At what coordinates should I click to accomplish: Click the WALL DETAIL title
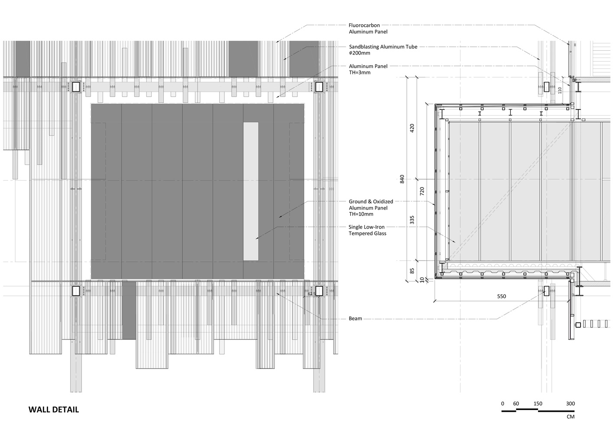(54, 410)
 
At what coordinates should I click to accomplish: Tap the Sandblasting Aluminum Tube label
(383, 50)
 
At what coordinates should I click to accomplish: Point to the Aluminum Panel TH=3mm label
(368, 69)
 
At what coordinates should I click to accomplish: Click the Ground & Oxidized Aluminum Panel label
(371, 208)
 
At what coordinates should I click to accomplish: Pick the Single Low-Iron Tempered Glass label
(367, 230)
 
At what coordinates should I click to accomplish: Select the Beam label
(355, 319)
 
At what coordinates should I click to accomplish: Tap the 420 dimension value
(412, 128)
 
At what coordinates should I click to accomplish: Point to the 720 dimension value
(422, 191)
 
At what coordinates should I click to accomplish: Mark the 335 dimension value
(412, 220)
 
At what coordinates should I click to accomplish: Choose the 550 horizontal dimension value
(501, 297)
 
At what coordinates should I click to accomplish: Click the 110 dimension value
(559, 90)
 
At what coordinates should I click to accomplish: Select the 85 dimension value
(412, 271)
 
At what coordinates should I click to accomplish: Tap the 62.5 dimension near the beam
(311, 294)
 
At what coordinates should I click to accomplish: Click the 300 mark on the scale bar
(570, 404)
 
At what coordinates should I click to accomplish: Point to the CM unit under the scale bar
(570, 417)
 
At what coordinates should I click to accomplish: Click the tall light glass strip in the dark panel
(251, 191)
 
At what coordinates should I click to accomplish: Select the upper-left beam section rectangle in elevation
(76, 87)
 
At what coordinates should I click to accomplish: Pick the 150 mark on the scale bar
(538, 404)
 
